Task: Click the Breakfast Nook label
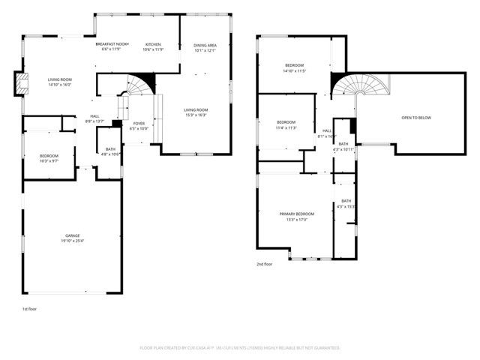click(112, 44)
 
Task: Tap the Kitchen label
click(153, 44)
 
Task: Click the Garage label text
click(72, 235)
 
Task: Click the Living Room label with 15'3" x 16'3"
click(196, 110)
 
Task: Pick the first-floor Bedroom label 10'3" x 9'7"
click(49, 156)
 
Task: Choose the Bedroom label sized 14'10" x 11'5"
click(294, 65)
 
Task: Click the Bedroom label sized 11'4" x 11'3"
click(286, 122)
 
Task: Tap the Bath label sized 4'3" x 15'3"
click(346, 201)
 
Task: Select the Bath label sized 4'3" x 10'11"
click(343, 144)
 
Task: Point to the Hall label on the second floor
click(327, 130)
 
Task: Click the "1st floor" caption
click(29, 309)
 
